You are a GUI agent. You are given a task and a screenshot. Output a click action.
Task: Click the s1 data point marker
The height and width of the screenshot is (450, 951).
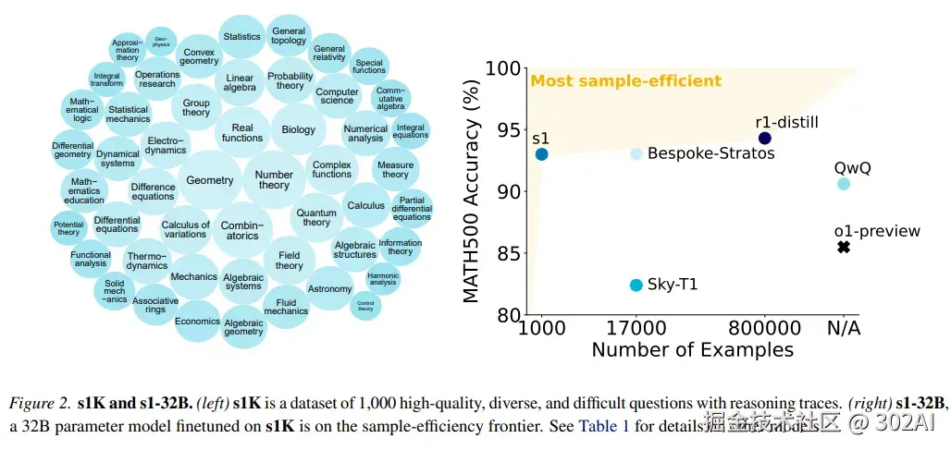(541, 154)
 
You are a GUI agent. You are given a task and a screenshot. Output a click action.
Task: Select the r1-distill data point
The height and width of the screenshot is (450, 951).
(764, 139)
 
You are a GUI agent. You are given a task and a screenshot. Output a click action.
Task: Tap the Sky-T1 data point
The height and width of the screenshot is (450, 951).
(636, 285)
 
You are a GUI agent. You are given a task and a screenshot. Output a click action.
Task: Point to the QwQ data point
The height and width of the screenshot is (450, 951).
(843, 184)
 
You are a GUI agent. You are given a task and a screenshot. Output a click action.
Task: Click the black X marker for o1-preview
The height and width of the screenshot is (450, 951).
(843, 247)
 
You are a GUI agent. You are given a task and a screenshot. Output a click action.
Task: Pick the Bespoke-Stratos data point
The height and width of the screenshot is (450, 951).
(636, 154)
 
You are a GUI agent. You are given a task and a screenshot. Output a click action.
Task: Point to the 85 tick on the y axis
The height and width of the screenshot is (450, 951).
(507, 253)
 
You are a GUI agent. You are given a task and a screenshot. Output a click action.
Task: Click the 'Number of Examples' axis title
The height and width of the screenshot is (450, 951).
(692, 350)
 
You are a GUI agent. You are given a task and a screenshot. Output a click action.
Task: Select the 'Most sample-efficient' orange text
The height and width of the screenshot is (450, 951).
(625, 81)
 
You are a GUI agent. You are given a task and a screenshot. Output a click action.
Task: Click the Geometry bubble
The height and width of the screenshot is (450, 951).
(210, 180)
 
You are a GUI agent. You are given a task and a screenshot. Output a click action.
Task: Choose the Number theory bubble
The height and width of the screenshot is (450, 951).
(274, 180)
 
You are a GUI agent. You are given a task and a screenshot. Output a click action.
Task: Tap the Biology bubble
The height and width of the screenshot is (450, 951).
(298, 130)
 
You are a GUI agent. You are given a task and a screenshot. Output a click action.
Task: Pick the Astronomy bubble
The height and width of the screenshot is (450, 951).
(330, 289)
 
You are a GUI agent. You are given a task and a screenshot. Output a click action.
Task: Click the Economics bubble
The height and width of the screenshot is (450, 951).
(197, 322)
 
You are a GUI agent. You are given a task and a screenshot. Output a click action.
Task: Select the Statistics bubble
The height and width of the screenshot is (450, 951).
(242, 37)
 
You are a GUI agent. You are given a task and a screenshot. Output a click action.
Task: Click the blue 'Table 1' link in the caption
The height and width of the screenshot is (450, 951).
(602, 426)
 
